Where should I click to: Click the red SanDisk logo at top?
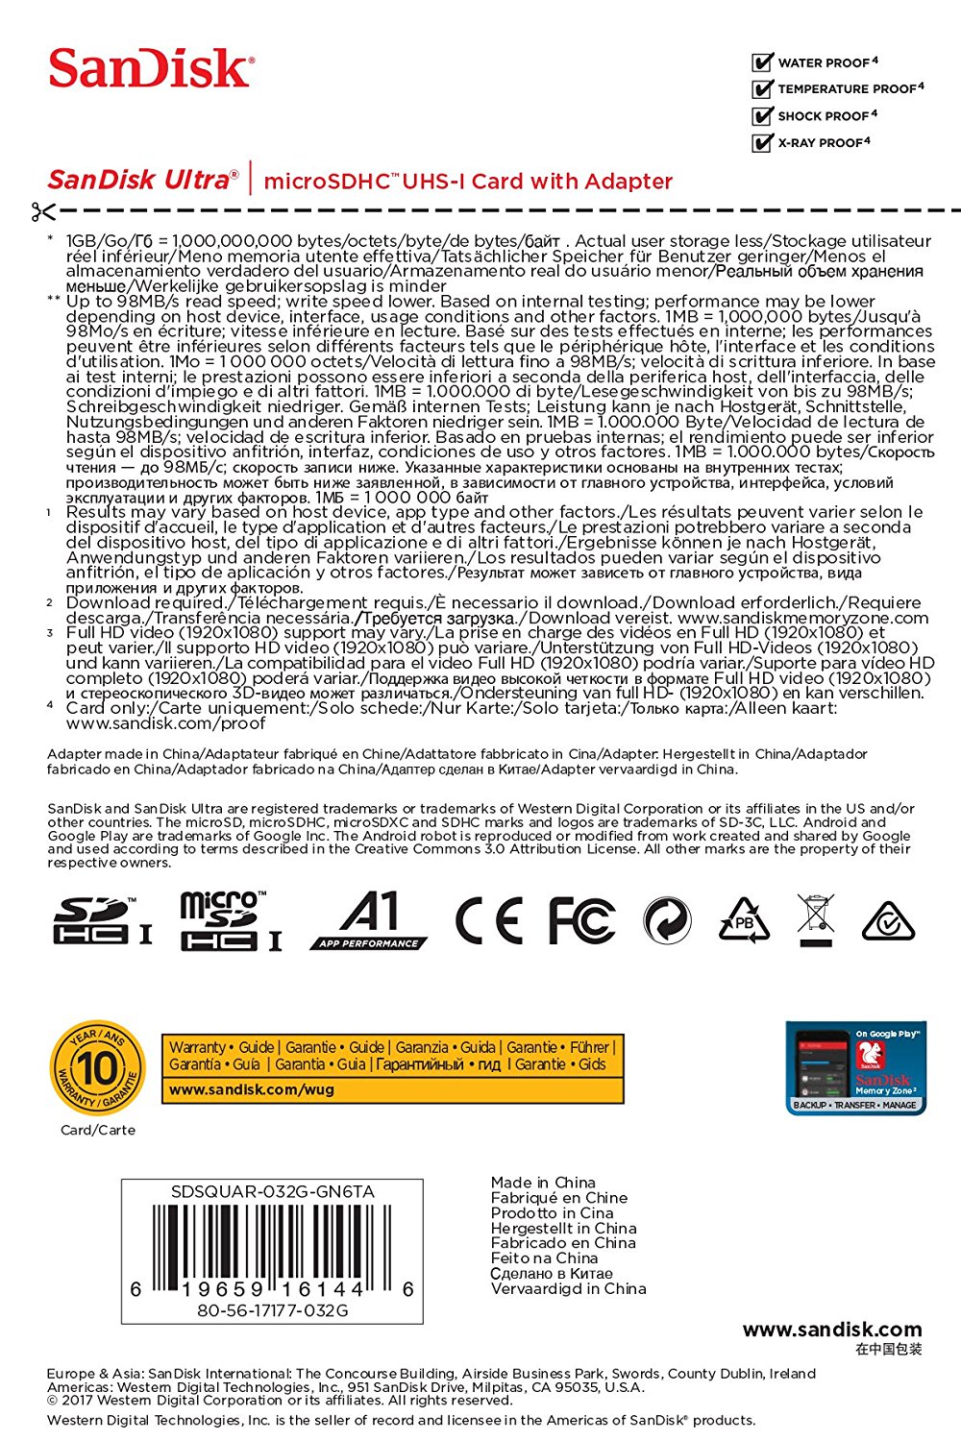(x=151, y=68)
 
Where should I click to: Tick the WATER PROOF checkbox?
(x=763, y=62)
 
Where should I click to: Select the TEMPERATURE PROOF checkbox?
(x=763, y=89)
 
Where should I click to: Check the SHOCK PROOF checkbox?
(x=763, y=116)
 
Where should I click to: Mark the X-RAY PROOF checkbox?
(x=763, y=143)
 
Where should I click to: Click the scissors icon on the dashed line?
(x=42, y=211)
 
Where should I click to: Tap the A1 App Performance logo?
(x=370, y=920)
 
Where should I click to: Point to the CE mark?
(x=489, y=920)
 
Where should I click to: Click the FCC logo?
(x=581, y=920)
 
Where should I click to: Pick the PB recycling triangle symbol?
(x=744, y=920)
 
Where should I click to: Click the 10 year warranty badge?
(x=97, y=1067)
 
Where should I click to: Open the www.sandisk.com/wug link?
(x=252, y=1089)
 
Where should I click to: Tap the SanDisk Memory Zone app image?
(x=856, y=1067)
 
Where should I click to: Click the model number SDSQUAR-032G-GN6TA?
(x=272, y=1192)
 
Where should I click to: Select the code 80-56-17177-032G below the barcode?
(x=272, y=1310)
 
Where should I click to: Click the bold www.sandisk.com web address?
(x=831, y=1330)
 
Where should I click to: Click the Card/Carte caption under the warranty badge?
(x=98, y=1130)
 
